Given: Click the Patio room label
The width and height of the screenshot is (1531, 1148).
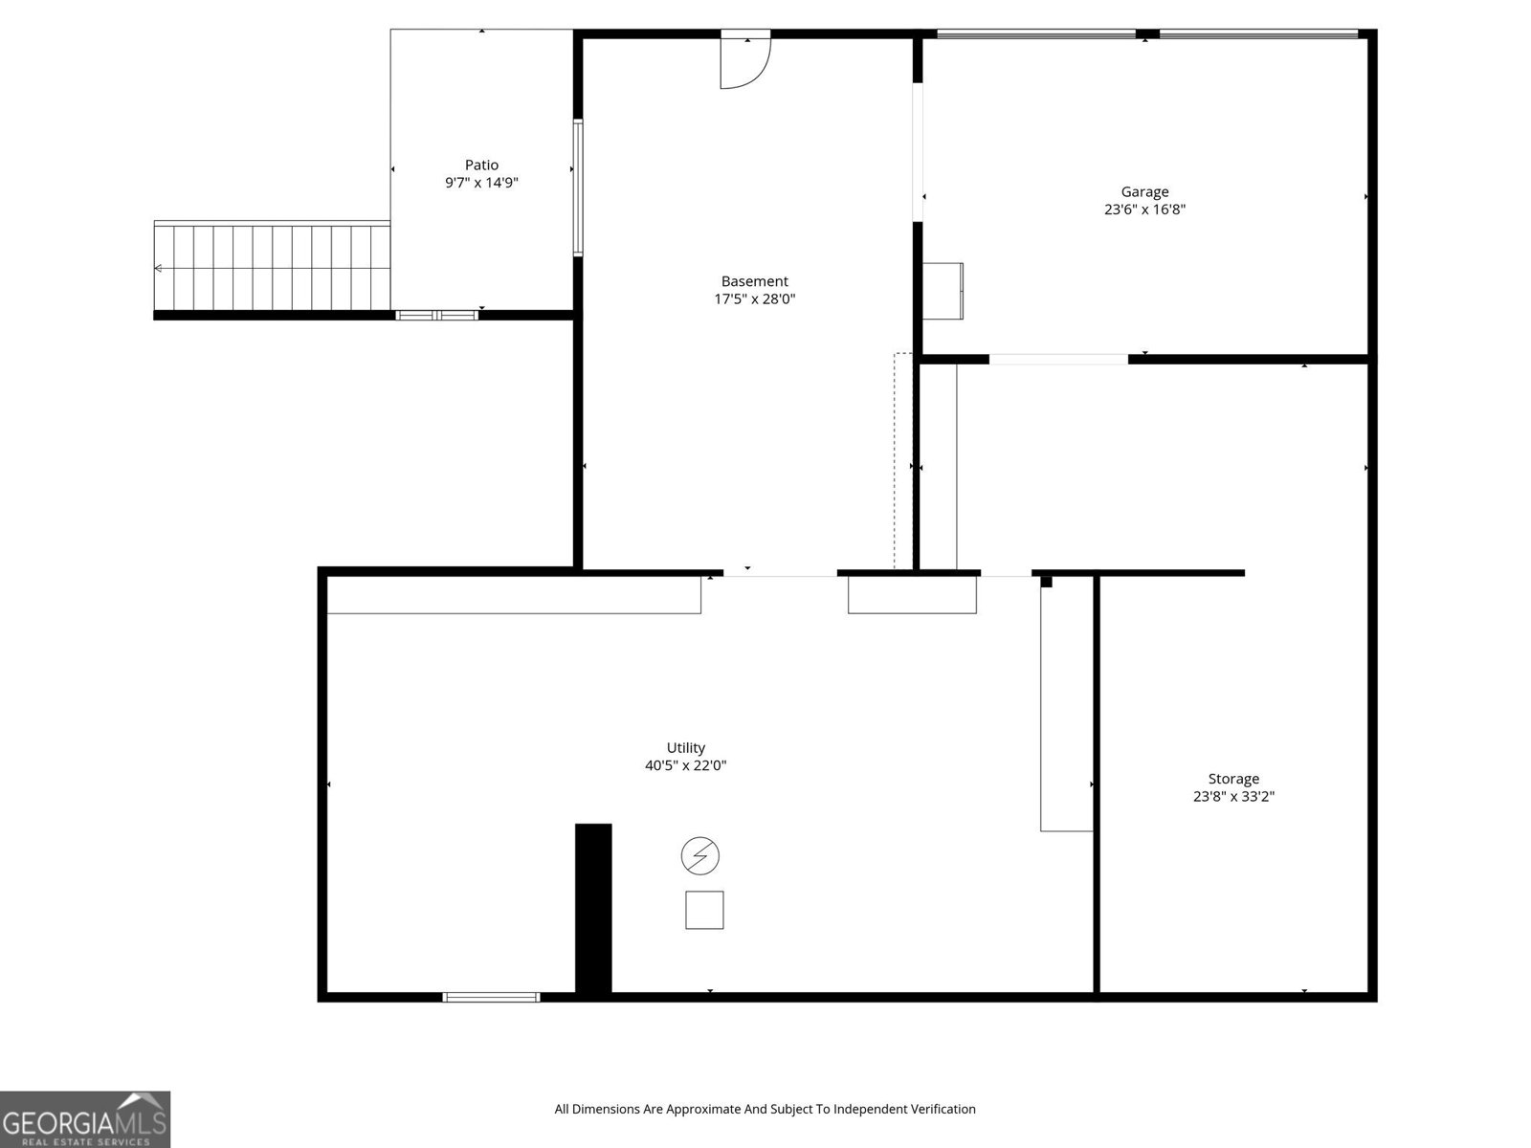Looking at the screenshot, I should pos(481,166).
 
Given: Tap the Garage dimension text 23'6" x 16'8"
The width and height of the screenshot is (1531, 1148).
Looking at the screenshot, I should pos(1144,210).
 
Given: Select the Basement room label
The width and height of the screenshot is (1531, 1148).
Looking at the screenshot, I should pos(754,281).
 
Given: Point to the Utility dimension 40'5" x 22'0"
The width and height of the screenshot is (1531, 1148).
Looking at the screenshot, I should pos(685,765).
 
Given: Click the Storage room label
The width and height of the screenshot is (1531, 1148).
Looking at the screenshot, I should pos(1232,779).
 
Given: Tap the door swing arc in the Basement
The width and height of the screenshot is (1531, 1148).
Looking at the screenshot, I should pos(751,67).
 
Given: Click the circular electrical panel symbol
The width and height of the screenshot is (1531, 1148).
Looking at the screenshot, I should pos(699,855).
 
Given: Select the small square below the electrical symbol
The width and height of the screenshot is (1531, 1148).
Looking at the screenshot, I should pos(704,910).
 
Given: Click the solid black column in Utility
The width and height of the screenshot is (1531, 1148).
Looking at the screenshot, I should pos(593,909).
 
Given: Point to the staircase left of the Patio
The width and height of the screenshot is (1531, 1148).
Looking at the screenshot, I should pos(273,268).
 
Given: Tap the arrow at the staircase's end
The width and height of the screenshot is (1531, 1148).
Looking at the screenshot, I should pos(159,269).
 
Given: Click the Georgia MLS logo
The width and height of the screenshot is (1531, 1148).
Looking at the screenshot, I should pos(84,1118).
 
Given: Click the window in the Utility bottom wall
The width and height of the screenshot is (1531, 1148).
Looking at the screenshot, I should pos(491,997).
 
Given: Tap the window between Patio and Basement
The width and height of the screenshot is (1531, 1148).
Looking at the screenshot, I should pos(578,188).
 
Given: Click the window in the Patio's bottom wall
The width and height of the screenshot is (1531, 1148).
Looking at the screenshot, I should pos(437,315).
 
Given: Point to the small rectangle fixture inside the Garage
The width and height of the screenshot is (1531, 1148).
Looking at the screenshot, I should pos(943,291).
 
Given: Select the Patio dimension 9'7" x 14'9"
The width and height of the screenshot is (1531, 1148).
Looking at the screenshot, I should pos(481,183).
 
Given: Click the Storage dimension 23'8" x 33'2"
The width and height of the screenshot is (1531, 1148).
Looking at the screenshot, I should pos(1232,796).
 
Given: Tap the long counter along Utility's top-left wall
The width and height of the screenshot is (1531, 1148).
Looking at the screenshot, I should pos(514,594).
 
